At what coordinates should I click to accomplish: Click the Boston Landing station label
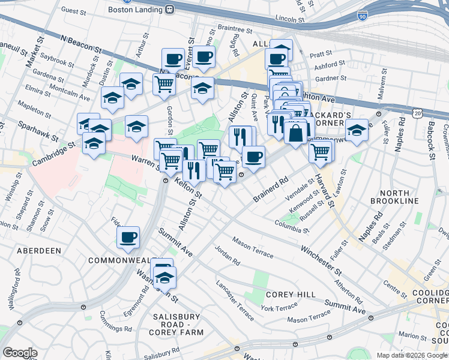[x=135, y=10]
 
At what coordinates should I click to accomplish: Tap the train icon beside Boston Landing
[x=170, y=10]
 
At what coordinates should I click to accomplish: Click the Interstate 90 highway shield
[x=362, y=15]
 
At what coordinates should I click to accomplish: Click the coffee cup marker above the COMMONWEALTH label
[x=128, y=237]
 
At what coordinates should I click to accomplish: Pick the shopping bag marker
[x=296, y=133]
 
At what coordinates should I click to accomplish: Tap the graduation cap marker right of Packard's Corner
[x=357, y=130]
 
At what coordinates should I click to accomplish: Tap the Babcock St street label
[x=430, y=139]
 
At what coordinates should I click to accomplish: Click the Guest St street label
[x=74, y=10]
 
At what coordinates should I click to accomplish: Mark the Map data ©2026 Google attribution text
[x=412, y=355]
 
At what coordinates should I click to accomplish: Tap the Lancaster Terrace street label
[x=235, y=294]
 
